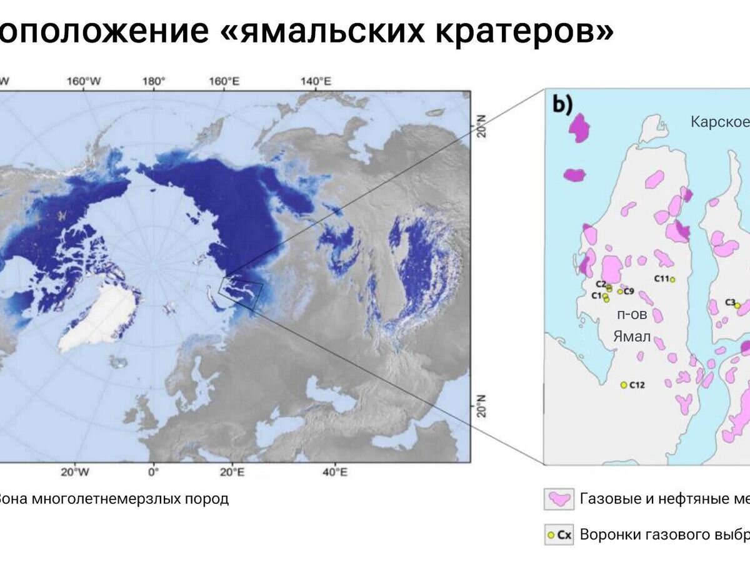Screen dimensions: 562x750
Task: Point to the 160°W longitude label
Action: click(x=84, y=81)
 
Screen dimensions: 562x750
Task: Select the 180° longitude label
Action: click(x=154, y=81)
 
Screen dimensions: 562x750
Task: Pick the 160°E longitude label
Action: click(x=224, y=81)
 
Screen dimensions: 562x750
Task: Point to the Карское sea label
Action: click(x=719, y=121)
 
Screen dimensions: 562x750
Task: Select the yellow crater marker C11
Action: click(x=672, y=279)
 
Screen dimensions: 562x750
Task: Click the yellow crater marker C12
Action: click(x=623, y=385)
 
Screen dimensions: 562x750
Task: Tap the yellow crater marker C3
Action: click(x=737, y=305)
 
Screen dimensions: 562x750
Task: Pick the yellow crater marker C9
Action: click(x=620, y=291)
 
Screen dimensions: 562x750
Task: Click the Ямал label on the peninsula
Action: click(x=632, y=337)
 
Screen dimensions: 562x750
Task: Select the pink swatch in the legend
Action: click(x=559, y=499)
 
